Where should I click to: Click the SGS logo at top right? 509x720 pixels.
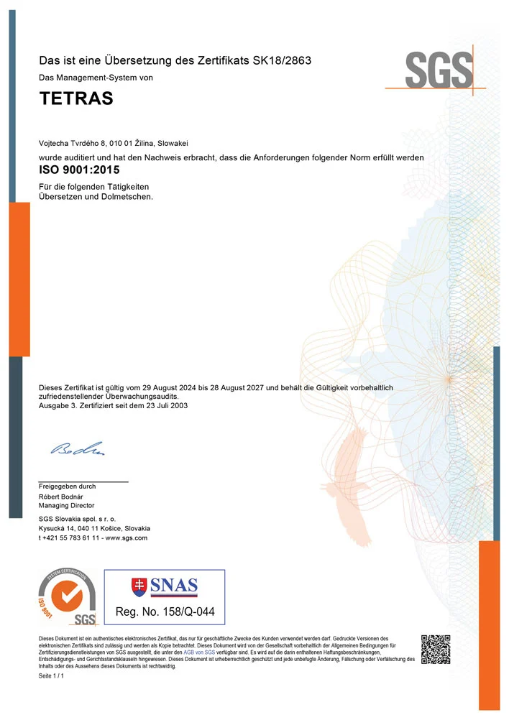point(439,70)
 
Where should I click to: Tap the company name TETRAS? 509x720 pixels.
point(75,99)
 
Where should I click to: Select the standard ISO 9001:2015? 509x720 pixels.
point(79,170)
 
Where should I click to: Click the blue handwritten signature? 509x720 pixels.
point(78,449)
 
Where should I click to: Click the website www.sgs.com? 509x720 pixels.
point(127,537)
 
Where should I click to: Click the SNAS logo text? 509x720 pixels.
point(174,586)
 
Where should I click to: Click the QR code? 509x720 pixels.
point(435,649)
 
